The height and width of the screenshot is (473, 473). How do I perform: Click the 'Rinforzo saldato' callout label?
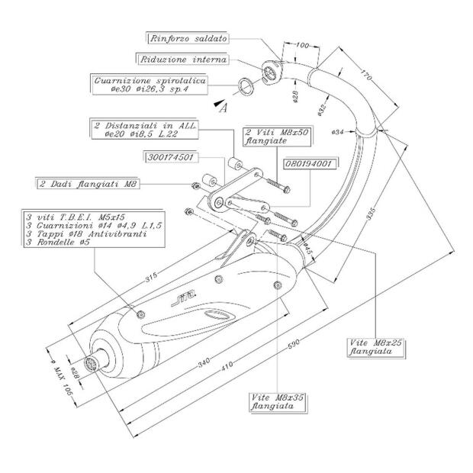[x=186, y=37]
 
